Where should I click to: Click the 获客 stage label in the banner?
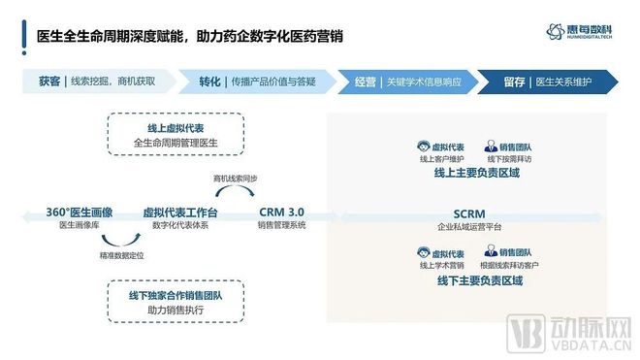coord(48,82)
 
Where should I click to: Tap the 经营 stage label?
coord(364,82)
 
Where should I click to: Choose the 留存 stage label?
coord(515,82)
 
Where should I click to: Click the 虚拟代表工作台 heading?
coord(180,212)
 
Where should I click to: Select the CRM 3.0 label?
coord(281,212)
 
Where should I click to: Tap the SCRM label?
coord(468,213)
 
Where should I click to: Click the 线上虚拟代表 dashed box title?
coord(175,128)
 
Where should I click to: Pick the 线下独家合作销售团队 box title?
coord(175,294)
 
